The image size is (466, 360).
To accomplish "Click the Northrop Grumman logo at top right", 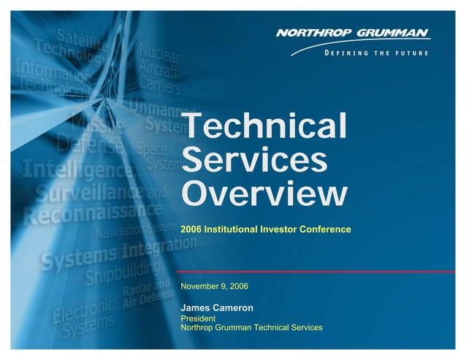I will coord(353,34).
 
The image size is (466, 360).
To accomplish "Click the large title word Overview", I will coord(264,194).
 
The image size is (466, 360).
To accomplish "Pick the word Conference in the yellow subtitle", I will coord(326,229).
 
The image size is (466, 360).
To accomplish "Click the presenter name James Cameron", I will coord(217,308).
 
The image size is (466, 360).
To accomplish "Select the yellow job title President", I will coord(198,318).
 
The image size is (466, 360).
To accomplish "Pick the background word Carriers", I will coord(160,86).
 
